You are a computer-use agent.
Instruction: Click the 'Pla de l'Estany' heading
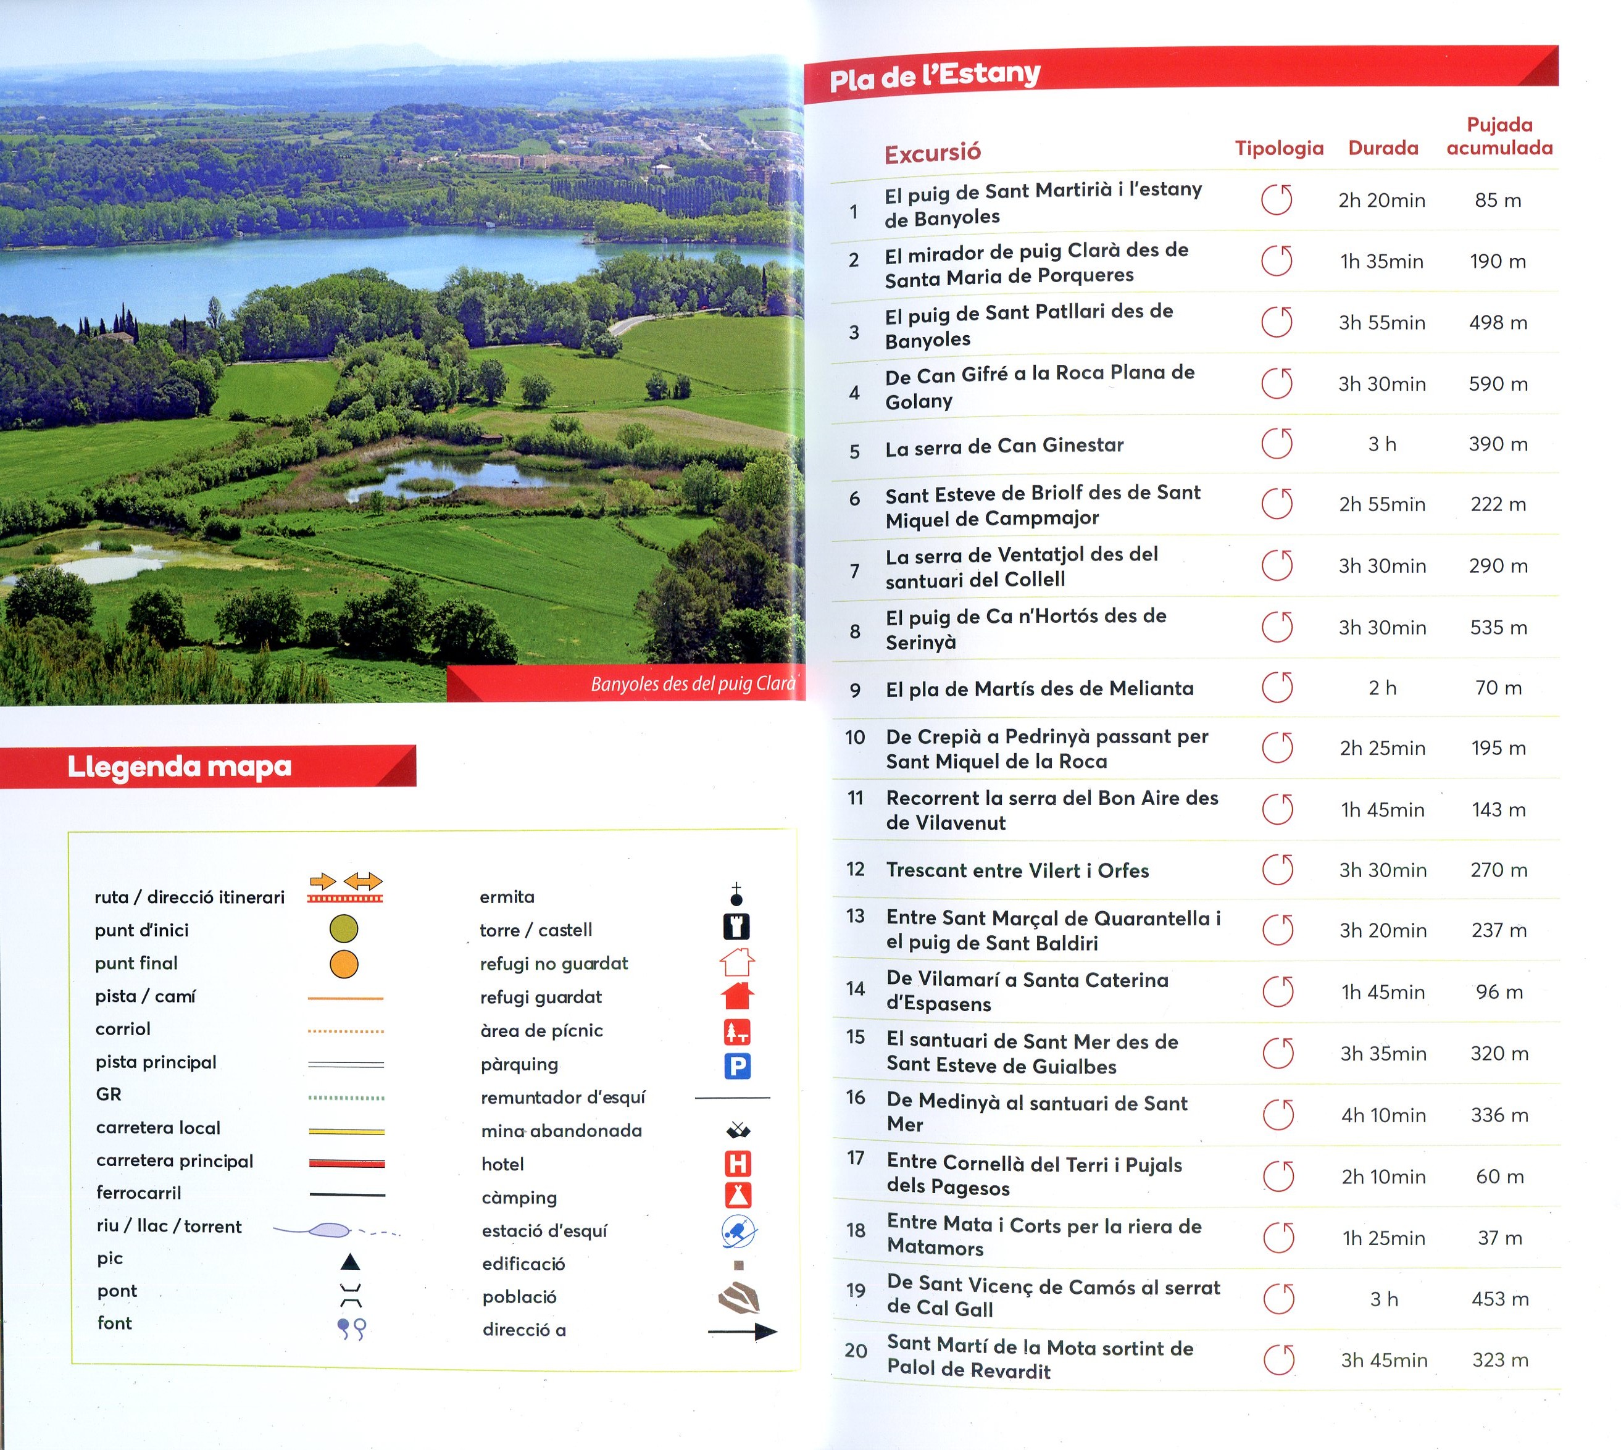[935, 77]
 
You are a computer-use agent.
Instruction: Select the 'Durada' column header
[1383, 148]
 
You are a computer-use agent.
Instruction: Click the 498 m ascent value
[1498, 323]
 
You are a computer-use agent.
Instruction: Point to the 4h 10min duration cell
[1383, 1115]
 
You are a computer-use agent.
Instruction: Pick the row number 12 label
[856, 869]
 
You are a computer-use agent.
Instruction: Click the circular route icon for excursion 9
[1277, 688]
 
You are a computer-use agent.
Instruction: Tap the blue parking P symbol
[737, 1066]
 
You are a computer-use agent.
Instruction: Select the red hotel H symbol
[738, 1164]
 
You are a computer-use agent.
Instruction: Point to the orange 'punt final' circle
[344, 964]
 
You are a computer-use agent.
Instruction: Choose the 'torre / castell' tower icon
[737, 927]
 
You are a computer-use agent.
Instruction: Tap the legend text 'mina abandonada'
[562, 1130]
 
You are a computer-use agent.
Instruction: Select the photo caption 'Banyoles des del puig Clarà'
[693, 683]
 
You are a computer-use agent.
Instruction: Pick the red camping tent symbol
[738, 1196]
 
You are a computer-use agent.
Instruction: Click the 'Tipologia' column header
[1279, 148]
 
